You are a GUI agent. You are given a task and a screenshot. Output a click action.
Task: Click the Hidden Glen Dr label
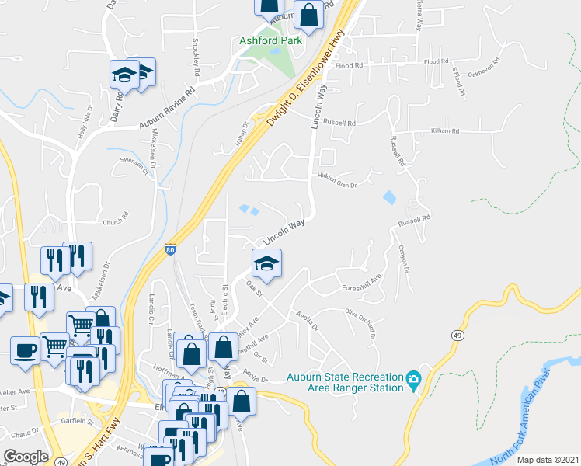coord(336,185)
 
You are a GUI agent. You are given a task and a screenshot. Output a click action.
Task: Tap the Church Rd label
coord(113,221)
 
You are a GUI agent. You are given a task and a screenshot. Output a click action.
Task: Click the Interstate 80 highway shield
coord(171,249)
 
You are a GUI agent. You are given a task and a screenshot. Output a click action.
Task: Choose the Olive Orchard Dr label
coord(360,324)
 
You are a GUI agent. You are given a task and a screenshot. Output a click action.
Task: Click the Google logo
coord(26,457)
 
